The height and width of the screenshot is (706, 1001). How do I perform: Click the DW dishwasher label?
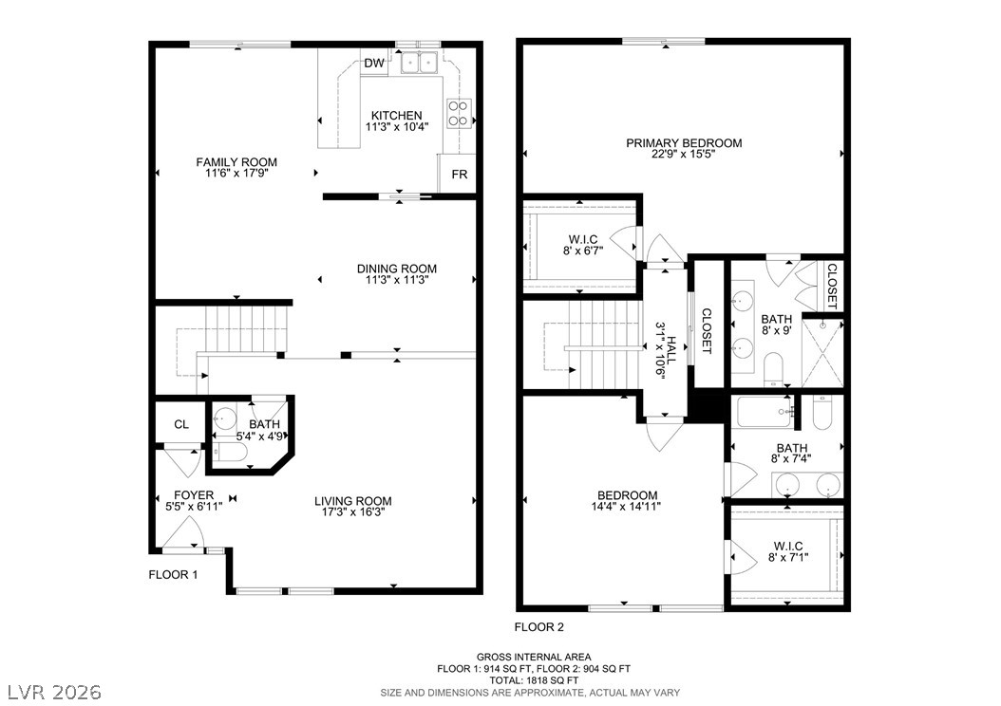point(375,64)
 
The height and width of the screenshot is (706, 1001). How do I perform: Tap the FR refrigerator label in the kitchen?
point(460,174)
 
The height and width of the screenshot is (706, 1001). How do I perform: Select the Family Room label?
point(236,162)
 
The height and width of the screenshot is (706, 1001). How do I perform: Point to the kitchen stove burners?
point(459,113)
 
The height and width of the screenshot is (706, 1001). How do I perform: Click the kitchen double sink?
point(418,62)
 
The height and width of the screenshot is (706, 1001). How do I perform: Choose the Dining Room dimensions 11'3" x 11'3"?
point(397,279)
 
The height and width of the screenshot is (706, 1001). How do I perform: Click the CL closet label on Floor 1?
point(181,424)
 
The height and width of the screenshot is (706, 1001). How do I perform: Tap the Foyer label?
point(194,495)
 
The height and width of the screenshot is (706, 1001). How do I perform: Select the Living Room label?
point(353,501)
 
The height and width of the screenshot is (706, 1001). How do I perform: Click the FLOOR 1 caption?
point(173,575)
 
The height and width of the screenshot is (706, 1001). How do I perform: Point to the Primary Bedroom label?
point(684,143)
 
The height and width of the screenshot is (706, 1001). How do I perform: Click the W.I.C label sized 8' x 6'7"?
point(583,239)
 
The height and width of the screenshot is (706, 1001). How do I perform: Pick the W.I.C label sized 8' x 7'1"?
point(788,546)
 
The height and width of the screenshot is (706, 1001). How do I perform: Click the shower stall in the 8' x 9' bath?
point(822,352)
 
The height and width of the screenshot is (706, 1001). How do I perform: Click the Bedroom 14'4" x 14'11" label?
point(627,495)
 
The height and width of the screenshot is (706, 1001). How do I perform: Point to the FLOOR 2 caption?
point(539,627)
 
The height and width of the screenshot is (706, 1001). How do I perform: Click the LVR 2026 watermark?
point(55,692)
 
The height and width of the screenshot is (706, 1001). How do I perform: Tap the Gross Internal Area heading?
point(534,657)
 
